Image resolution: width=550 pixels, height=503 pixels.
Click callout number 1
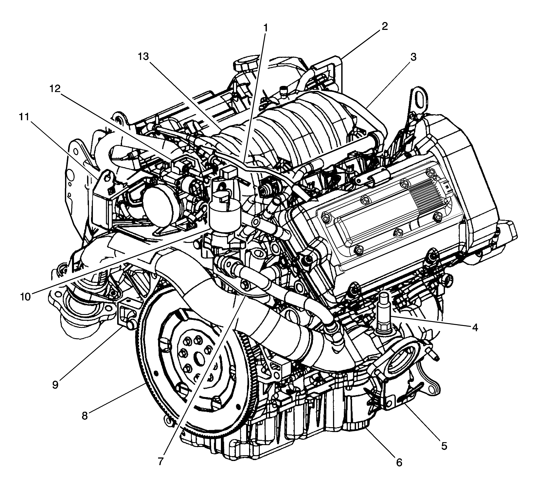265,28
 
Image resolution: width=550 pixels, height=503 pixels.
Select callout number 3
414,57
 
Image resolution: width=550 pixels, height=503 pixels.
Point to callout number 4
475,328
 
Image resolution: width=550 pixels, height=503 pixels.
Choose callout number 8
85,416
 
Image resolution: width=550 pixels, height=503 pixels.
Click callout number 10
25,297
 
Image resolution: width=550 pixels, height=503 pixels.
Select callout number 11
24,117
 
